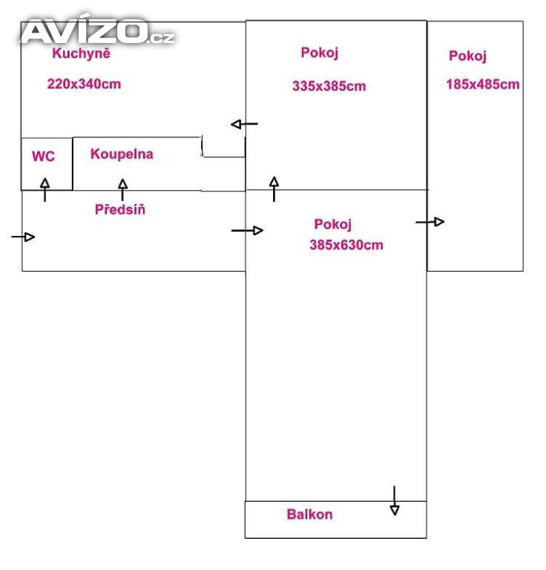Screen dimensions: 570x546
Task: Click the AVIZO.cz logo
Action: pos(96,32)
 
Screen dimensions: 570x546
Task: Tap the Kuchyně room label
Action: pos(82,53)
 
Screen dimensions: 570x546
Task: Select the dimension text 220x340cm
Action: pos(84,84)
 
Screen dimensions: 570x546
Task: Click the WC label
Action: pos(43,157)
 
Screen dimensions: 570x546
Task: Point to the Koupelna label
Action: pos(122,154)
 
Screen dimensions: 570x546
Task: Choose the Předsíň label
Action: pos(120,209)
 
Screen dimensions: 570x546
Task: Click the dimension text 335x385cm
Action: pos(329,86)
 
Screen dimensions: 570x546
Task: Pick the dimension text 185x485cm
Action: pos(483,85)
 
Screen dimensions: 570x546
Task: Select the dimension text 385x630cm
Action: pos(346,245)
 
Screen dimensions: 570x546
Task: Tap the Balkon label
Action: pos(309,514)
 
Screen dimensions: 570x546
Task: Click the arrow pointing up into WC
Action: pos(45,189)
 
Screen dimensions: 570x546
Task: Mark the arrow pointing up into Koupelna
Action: pos(122,189)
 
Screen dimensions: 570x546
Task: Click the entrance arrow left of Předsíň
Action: pos(24,237)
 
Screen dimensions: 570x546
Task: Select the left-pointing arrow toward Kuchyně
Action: pos(244,124)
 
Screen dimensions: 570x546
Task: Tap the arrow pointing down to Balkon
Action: pos(395,501)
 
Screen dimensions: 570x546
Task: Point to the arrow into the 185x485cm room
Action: pos(430,221)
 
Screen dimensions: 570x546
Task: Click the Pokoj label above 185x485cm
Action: pos(467,56)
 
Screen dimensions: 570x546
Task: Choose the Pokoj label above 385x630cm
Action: pos(332,224)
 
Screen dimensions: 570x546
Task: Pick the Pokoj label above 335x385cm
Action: pos(320,53)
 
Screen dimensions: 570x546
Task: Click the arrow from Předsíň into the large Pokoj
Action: pos(248,231)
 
